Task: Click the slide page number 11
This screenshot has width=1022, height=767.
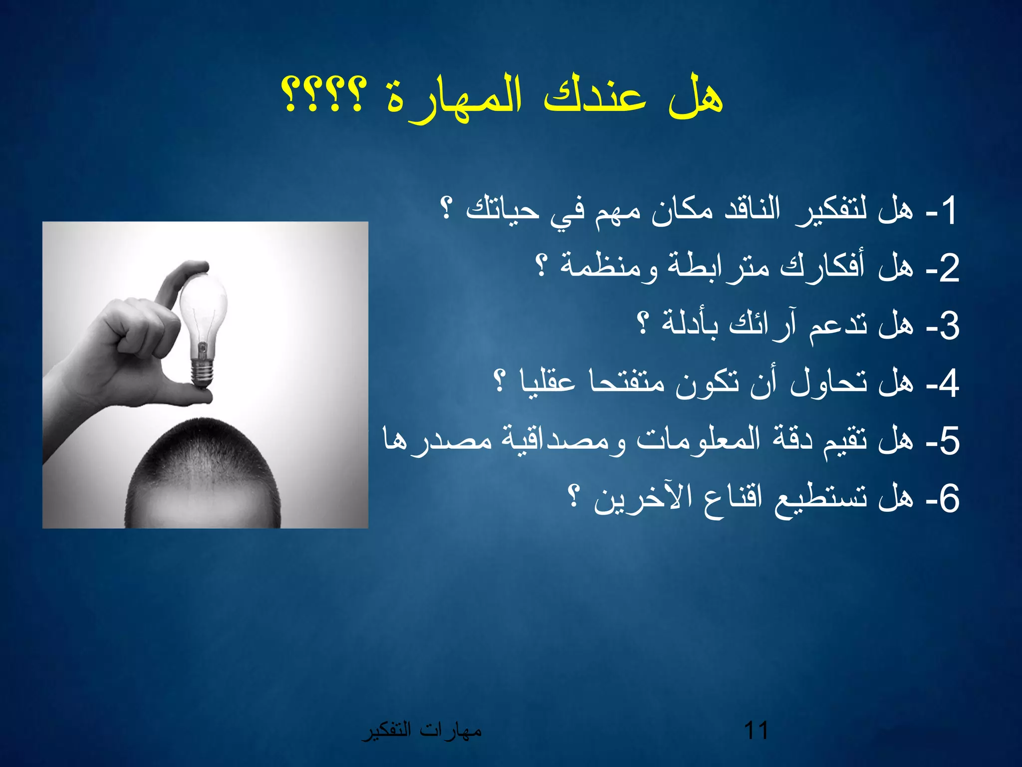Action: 756,731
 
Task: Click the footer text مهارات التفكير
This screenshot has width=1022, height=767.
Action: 422,731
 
